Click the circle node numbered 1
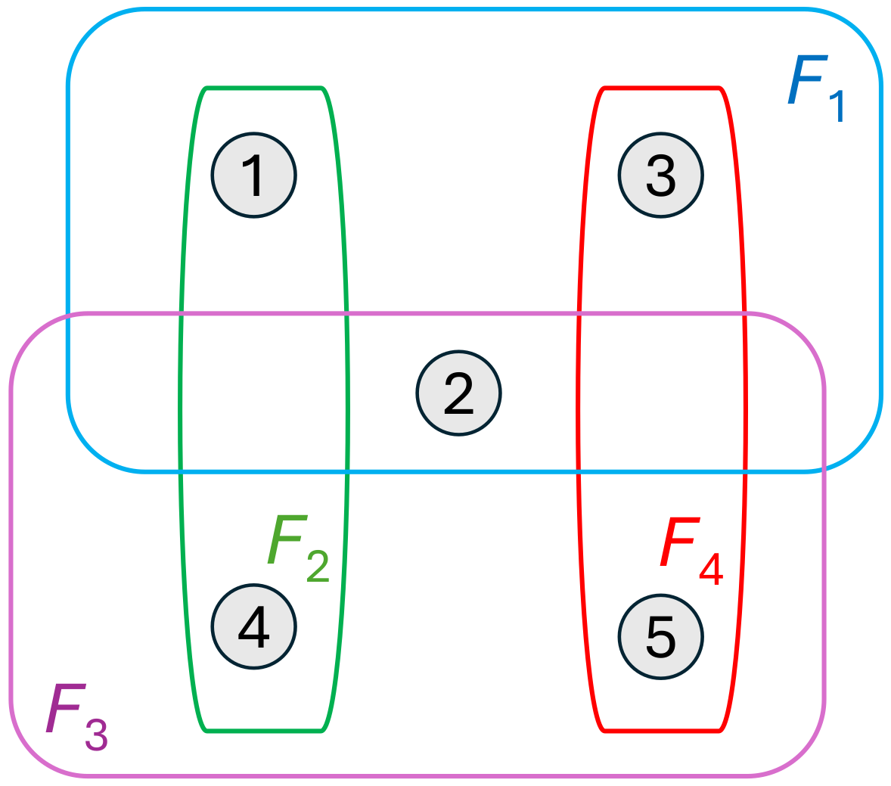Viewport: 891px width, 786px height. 253,176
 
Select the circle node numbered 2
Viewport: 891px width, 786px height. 458,393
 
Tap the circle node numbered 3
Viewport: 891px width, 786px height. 661,176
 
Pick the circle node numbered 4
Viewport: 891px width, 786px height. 253,627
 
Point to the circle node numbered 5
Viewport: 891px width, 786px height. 661,637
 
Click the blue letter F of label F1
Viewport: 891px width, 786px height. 807,81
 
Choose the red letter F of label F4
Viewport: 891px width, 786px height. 679,542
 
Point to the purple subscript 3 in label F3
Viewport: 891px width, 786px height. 97,735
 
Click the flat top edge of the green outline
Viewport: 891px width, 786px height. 264,89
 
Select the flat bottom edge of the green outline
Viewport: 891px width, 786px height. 264,731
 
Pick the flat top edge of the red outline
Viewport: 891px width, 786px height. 661,89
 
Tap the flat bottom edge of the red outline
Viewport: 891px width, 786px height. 661,731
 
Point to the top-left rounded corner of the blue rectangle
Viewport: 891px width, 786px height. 90,31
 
